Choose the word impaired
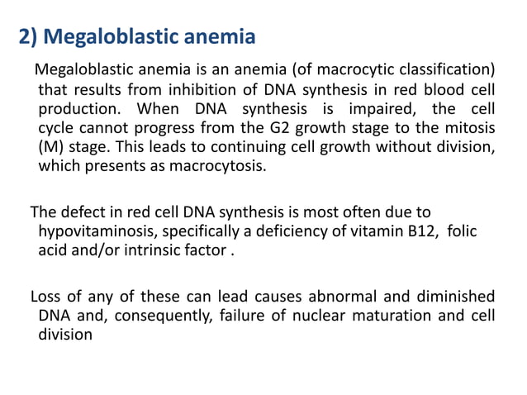click(x=379, y=108)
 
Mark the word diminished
click(x=453, y=296)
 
